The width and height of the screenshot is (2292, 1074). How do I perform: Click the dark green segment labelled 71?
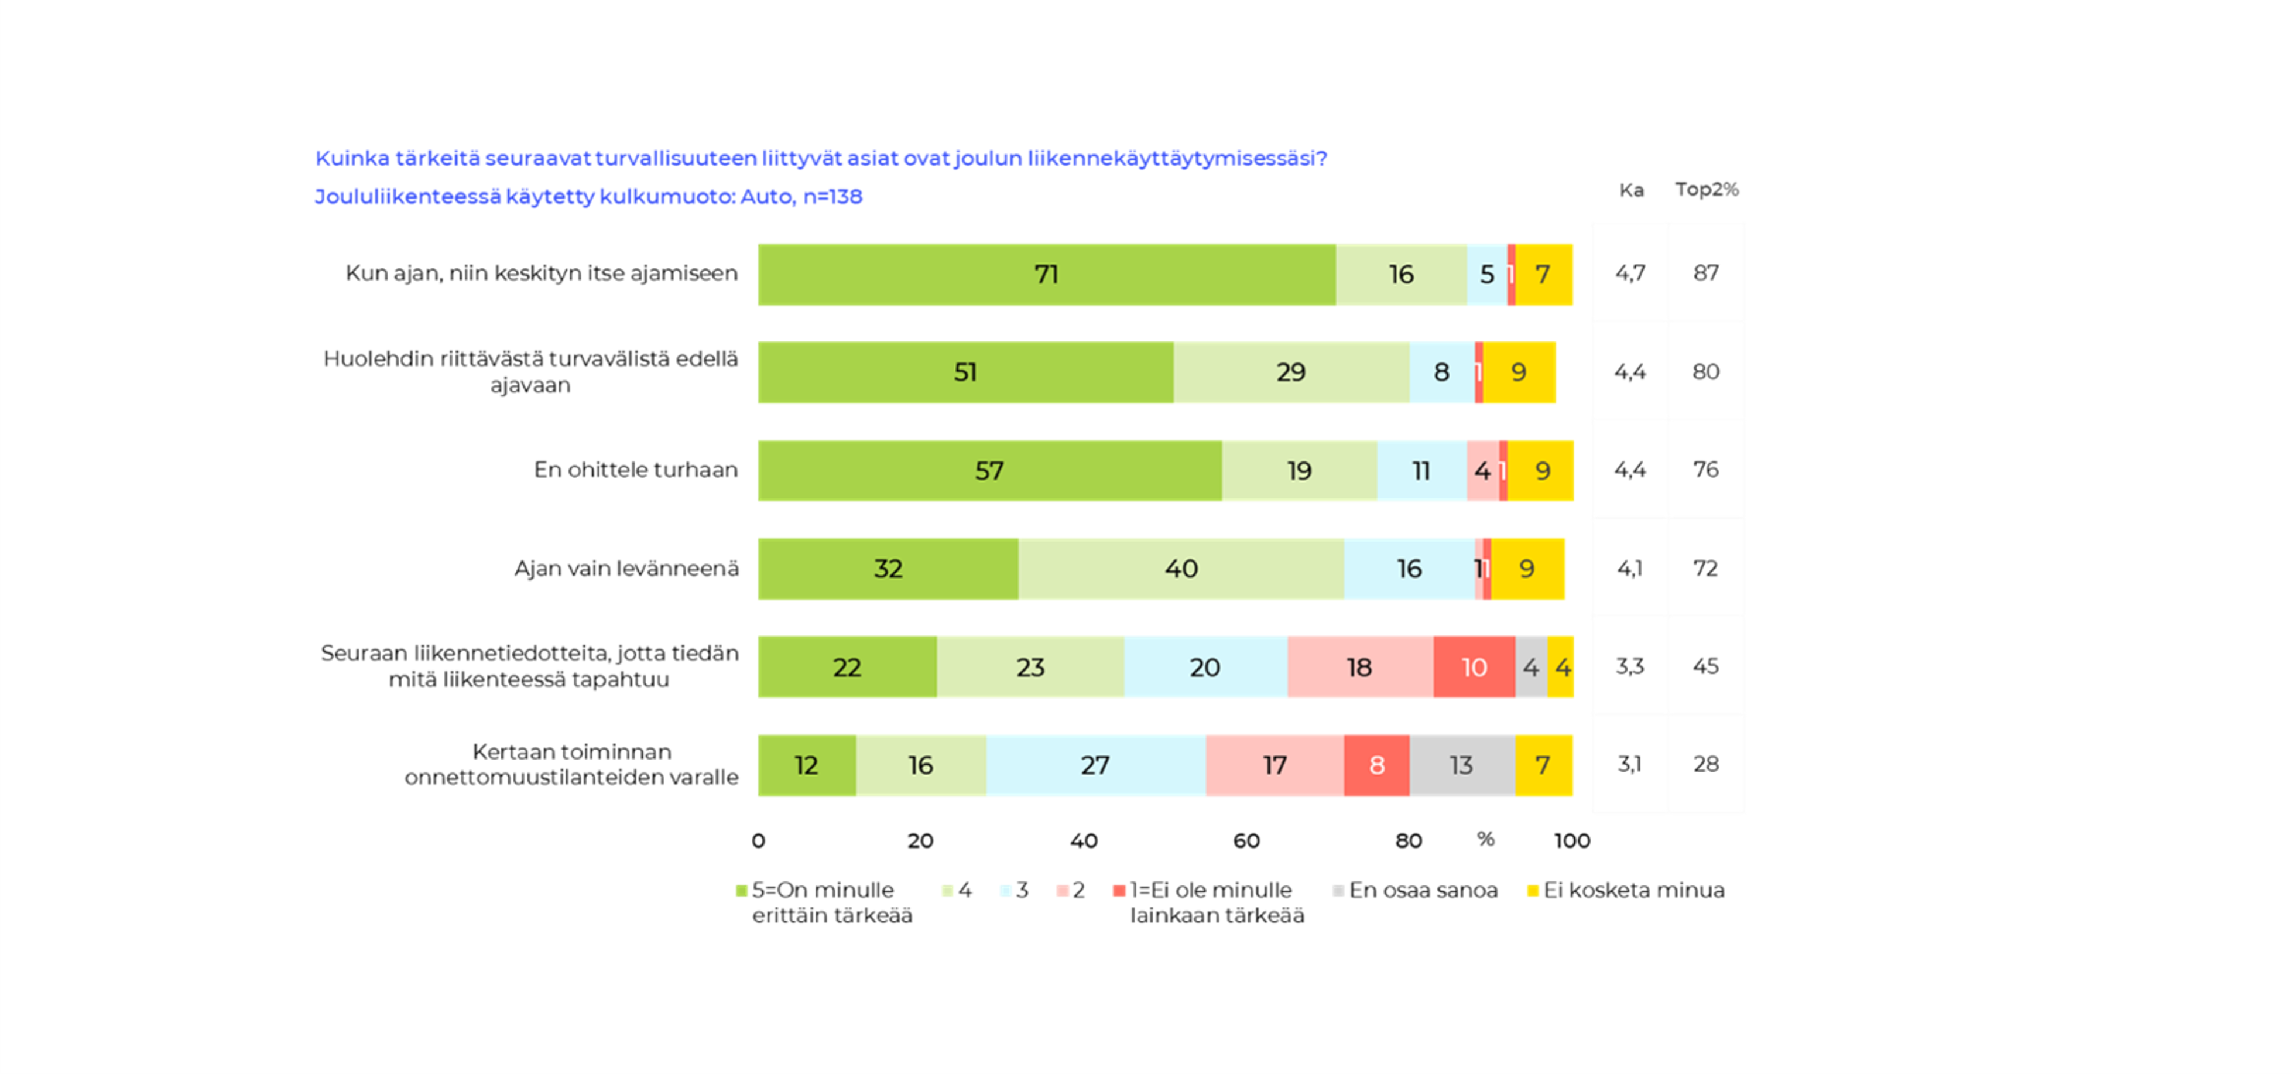(1046, 274)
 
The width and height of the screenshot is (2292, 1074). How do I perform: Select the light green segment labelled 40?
(1181, 569)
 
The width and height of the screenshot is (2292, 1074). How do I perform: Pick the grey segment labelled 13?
(1462, 765)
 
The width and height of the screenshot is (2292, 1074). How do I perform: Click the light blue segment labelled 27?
(1095, 765)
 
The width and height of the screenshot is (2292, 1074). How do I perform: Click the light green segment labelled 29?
(1291, 372)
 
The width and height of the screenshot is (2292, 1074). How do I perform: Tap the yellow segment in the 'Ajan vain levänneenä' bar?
(1527, 569)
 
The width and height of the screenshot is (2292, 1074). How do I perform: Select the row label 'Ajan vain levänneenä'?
(626, 569)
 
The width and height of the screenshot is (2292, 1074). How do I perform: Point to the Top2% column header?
(1707, 190)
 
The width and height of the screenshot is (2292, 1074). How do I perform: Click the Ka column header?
(1631, 190)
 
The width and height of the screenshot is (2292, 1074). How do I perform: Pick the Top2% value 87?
(1705, 273)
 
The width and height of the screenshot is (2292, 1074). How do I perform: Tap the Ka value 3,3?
(1630, 666)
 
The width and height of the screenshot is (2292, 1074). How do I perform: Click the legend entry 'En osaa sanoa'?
(1422, 890)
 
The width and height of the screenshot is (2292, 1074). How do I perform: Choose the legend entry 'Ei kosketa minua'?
(1633, 890)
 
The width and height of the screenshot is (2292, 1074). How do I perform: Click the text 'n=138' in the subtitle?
(833, 197)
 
